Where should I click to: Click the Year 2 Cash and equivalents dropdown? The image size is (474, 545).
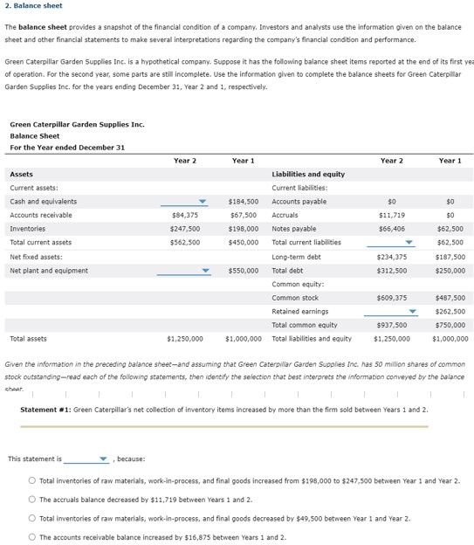[x=183, y=202]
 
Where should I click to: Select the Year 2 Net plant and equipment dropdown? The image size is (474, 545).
[x=183, y=271]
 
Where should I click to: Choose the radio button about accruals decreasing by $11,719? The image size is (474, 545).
[x=31, y=500]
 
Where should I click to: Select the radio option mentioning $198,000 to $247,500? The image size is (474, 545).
[x=31, y=481]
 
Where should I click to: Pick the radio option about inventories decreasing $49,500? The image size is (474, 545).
[x=31, y=519]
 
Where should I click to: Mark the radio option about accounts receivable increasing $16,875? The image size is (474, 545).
[x=31, y=537]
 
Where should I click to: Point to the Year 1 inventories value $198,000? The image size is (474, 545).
[x=242, y=229]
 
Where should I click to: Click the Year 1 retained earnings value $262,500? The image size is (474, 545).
[x=450, y=312]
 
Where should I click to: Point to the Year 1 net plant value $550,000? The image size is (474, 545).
[x=242, y=271]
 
